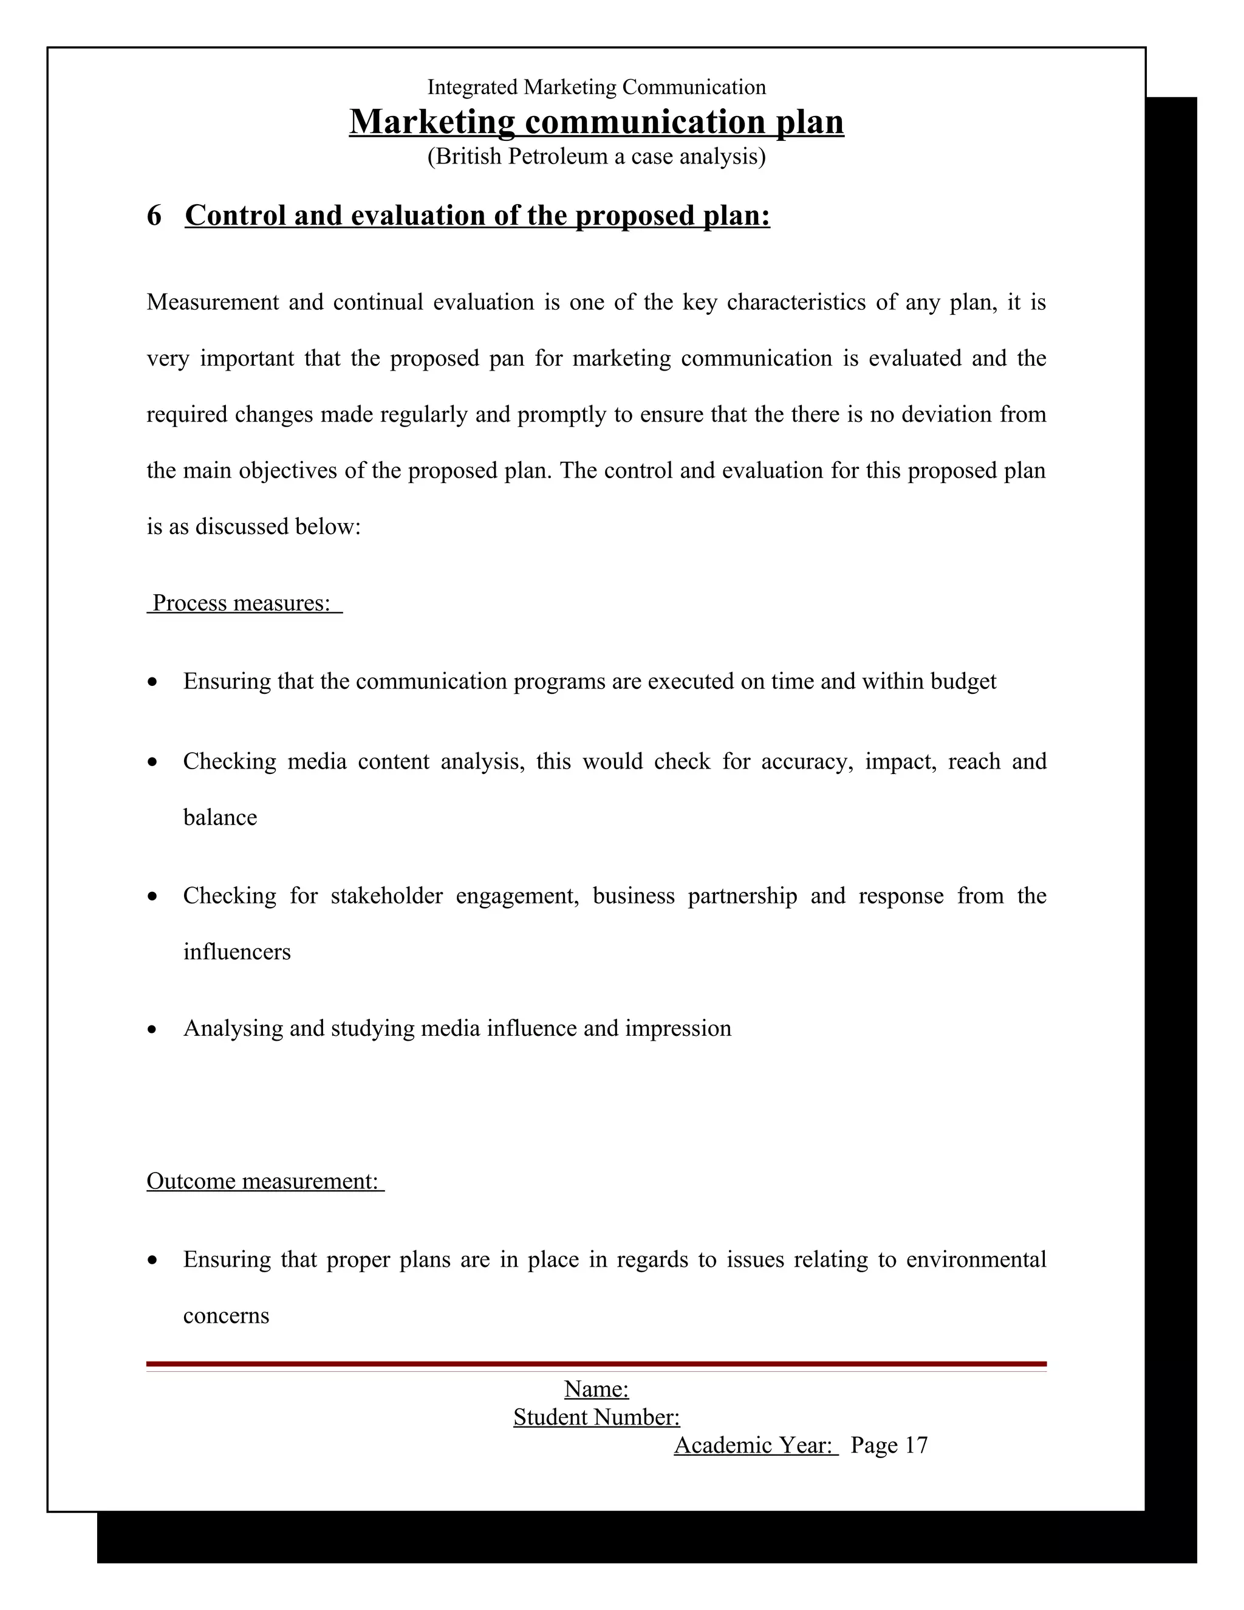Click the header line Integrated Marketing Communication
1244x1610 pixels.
coord(596,87)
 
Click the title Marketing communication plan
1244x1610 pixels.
coord(596,122)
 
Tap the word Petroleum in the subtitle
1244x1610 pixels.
coord(559,156)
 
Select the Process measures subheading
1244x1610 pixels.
coord(244,603)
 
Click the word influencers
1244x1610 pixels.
coord(236,951)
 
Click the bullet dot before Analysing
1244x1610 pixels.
coord(152,1030)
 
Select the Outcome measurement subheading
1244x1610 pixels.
coord(265,1181)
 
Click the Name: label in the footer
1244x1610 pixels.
coord(596,1389)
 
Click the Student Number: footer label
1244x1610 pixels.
coord(596,1417)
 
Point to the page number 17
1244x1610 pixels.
coord(915,1445)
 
